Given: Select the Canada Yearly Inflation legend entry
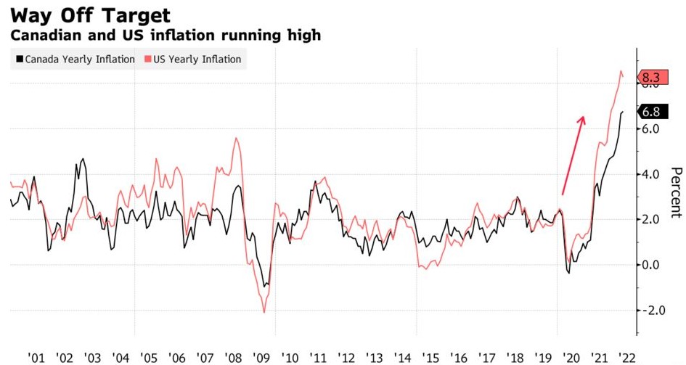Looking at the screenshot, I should pyautogui.click(x=75, y=60).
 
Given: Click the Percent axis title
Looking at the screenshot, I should pyautogui.click(x=676, y=192).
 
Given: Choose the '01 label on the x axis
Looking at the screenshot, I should pyautogui.click(x=36, y=357).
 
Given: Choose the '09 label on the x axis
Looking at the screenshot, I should pyautogui.click(x=261, y=357).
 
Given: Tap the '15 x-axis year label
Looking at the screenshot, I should pyautogui.click(x=430, y=357).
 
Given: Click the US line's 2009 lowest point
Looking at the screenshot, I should pyautogui.click(x=264, y=312).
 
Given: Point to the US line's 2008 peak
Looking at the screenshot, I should pyautogui.click(x=236, y=138).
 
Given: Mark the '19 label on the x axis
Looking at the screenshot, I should pyautogui.click(x=543, y=357).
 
